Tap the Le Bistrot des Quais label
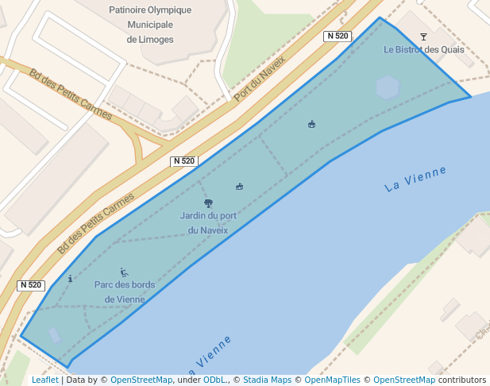point(423,49)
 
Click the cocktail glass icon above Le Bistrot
point(423,37)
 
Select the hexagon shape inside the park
point(388,87)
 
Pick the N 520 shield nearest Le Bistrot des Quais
point(338,36)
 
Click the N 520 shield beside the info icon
point(30,285)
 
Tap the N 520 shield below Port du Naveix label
point(183,161)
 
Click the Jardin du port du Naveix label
point(208,223)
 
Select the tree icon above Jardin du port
point(208,203)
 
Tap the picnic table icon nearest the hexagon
point(311,124)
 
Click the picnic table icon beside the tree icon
point(238,187)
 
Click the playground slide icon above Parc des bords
point(124,272)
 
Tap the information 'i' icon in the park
point(71,279)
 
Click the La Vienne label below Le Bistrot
point(415,179)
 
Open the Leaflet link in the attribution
point(44,380)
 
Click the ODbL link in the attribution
point(214,380)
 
